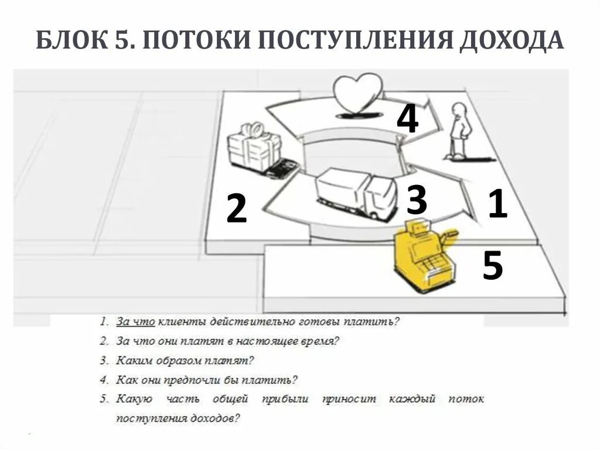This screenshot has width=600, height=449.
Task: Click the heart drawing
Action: point(357,93)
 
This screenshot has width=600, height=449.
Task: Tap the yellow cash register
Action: point(424,258)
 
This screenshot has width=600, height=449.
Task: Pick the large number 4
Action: point(407,119)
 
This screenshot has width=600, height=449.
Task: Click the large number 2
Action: point(236,209)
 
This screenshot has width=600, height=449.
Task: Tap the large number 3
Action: point(417,200)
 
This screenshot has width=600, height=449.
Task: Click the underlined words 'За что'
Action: point(135,321)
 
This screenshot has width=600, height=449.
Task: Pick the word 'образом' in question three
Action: point(179,361)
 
